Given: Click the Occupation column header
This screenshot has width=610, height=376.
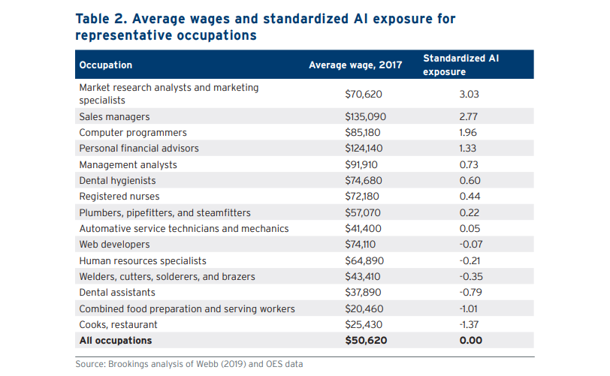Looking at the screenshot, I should coord(106,65).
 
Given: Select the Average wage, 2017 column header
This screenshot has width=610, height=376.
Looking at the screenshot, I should coord(355,65).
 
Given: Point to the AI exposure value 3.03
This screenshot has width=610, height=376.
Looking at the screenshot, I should coord(469,94).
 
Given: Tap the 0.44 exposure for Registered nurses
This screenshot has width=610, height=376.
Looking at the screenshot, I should coord(469,197).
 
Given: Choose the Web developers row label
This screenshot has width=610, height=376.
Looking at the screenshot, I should coord(114,245).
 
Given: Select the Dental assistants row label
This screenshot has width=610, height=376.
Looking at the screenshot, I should coord(117,293).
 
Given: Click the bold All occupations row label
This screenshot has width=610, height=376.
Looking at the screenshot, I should coord(116,341).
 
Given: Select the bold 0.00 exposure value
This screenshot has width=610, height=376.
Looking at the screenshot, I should coord(469,341).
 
